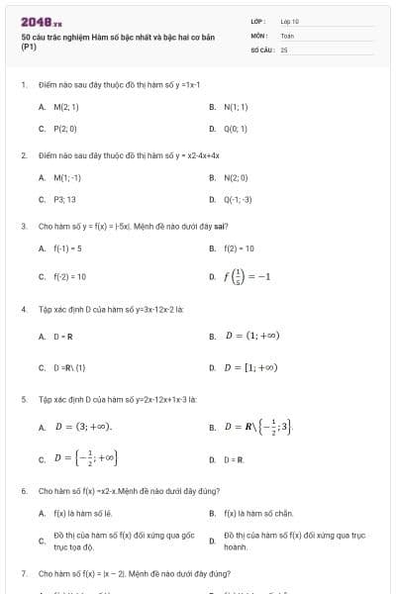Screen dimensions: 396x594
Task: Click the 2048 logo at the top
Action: point(41,22)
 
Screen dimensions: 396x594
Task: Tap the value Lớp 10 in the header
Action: point(290,20)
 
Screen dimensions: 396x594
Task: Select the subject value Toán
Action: point(287,35)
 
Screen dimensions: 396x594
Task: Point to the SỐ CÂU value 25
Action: point(283,48)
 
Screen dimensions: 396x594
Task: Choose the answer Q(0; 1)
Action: point(236,129)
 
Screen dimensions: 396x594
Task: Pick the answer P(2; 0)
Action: point(65,129)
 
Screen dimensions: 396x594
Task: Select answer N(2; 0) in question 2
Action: point(237,177)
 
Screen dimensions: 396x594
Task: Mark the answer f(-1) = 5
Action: point(67,248)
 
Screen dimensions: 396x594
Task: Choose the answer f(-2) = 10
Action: point(69,276)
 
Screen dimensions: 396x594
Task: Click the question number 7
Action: point(23,573)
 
